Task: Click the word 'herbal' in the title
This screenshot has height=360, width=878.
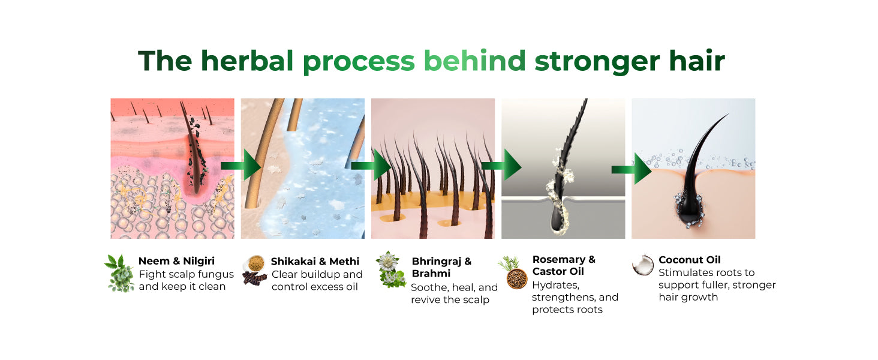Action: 247,61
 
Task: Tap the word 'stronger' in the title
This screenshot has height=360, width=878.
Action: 597,62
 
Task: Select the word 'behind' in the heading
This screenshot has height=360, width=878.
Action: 474,61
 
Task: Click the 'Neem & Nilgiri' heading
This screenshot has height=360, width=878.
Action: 176,261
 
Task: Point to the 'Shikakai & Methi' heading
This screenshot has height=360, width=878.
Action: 315,261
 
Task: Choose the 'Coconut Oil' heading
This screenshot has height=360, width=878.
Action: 690,260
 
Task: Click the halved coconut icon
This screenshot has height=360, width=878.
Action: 643,265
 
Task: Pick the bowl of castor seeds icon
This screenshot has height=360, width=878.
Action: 516,279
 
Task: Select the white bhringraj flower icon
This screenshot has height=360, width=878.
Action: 389,262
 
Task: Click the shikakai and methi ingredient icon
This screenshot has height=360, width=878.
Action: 255,270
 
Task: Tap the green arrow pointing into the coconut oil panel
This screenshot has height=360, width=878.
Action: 631,169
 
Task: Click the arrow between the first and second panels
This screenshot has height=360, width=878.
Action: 241,166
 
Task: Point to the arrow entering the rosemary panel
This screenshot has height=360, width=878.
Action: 501,166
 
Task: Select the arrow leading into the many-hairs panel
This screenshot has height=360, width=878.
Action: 371,166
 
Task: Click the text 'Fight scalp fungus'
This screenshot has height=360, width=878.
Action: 186,274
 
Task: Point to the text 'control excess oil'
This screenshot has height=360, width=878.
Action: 314,287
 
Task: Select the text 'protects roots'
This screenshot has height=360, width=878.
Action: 567,310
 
